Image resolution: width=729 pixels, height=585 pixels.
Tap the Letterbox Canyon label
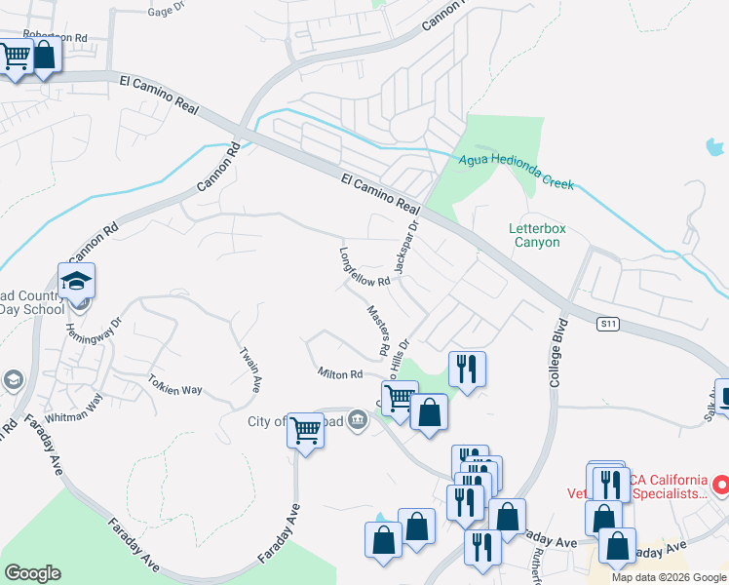(x=537, y=235)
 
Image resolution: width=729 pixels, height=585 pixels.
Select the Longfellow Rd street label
(x=364, y=266)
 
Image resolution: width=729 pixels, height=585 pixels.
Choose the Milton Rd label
(x=340, y=373)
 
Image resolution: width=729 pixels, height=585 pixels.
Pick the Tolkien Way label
(x=175, y=383)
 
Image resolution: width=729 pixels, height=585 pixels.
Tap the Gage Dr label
(x=167, y=11)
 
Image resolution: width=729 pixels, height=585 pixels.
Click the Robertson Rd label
(x=56, y=36)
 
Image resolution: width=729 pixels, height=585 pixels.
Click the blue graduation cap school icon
(x=76, y=282)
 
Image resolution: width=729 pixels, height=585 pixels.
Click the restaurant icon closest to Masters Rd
(x=466, y=369)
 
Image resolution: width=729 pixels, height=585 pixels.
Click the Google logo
(x=32, y=573)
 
